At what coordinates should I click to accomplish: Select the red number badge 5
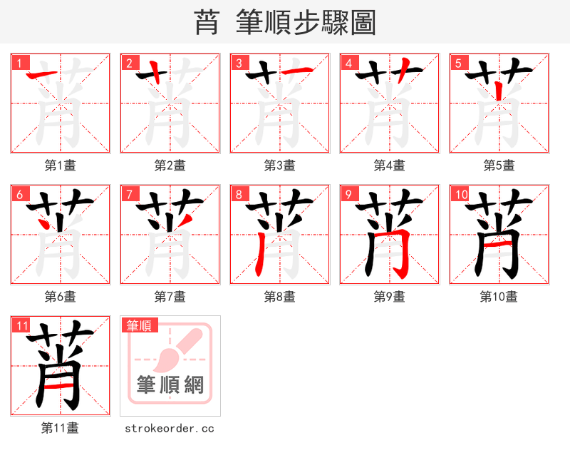[457, 63]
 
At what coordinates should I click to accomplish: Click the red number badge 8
[238, 194]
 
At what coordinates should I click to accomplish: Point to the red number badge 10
[460, 194]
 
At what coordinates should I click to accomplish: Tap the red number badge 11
[21, 326]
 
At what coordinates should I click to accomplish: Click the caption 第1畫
[60, 166]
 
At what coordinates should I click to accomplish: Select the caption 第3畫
[279, 166]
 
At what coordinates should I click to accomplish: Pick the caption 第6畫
[60, 297]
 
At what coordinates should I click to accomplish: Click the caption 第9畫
[389, 297]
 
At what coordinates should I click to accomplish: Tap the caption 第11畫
[60, 428]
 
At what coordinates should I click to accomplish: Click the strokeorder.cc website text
[170, 428]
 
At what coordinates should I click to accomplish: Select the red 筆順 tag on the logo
[138, 326]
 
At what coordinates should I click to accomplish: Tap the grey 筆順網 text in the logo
[170, 385]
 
